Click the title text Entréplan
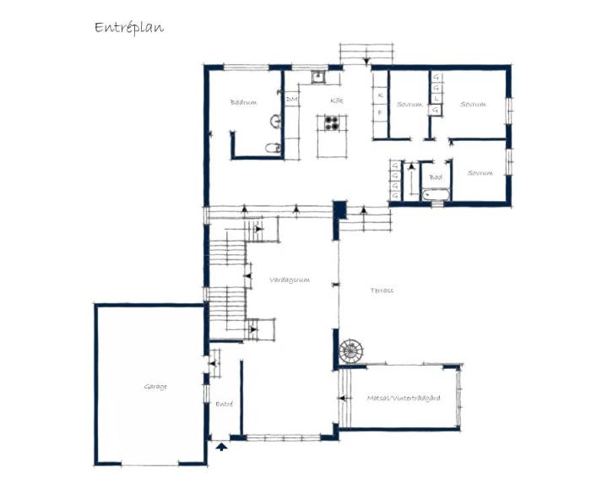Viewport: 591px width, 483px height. [129, 27]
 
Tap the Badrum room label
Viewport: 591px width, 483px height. [243, 103]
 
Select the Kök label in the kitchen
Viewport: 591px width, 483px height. [335, 100]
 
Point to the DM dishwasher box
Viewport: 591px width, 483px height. [291, 100]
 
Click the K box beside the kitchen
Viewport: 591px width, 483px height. [381, 95]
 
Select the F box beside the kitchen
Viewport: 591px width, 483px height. [381, 111]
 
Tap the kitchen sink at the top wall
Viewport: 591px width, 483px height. [318, 77]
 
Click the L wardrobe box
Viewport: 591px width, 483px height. [436, 99]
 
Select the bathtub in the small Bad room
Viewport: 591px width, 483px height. [436, 196]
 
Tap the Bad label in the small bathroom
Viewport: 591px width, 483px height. [436, 177]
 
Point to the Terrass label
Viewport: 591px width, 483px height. [382, 290]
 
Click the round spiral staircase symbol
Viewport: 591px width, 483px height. [349, 350]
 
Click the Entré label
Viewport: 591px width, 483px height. [224, 404]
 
